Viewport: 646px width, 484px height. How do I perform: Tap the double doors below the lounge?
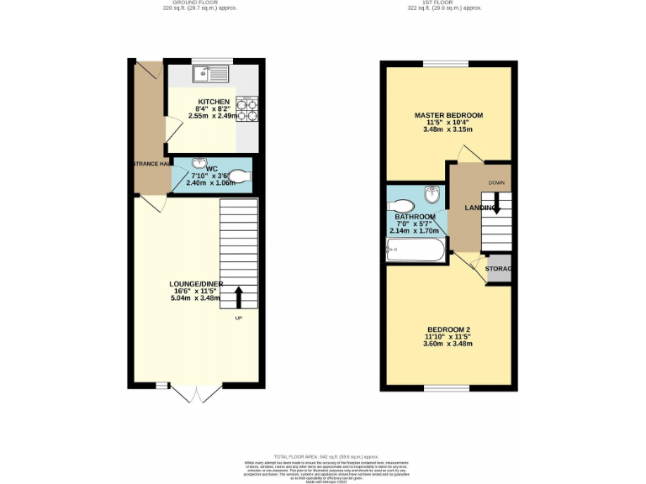[x=194, y=392]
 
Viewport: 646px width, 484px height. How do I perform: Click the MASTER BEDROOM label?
[x=448, y=115]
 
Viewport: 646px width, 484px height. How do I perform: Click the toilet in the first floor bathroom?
[x=403, y=206]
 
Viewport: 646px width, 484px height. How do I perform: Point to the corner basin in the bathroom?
[x=432, y=194]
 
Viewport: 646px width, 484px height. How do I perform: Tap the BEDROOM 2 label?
[x=447, y=329]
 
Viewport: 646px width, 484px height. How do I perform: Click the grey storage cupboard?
[x=500, y=268]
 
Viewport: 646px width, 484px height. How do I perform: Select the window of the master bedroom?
[x=446, y=63]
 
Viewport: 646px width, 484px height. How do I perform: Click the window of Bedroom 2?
[x=446, y=388]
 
